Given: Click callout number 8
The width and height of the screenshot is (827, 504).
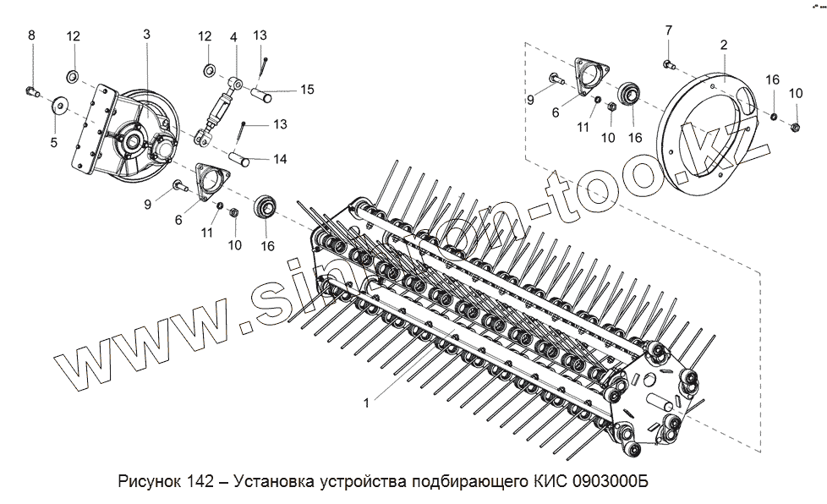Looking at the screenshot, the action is pyautogui.click(x=32, y=35).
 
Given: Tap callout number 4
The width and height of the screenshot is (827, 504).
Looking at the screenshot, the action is pyautogui.click(x=233, y=38).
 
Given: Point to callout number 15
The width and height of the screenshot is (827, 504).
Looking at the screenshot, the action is pyautogui.click(x=306, y=89).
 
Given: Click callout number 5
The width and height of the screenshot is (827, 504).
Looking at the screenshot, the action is pyautogui.click(x=54, y=142).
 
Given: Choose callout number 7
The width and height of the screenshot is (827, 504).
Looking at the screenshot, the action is pyautogui.click(x=668, y=31).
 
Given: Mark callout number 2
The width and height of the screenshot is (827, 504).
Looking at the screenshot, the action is pyautogui.click(x=724, y=43).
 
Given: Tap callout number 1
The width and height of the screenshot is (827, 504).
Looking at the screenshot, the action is pyautogui.click(x=365, y=404).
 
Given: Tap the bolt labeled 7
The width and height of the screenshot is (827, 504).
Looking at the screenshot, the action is pyautogui.click(x=668, y=63).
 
